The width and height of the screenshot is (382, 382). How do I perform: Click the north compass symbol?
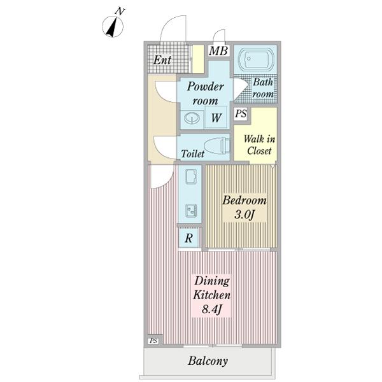pyautogui.click(x=113, y=25)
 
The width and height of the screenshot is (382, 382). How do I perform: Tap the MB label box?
pyautogui.click(x=218, y=51)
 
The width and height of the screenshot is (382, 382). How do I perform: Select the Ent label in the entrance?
pyautogui.click(x=162, y=60)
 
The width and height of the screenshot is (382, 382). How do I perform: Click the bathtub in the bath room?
pyautogui.click(x=255, y=59)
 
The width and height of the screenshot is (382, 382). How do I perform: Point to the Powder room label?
pyautogui.click(x=205, y=94)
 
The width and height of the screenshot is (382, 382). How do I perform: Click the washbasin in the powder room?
pyautogui.click(x=192, y=118)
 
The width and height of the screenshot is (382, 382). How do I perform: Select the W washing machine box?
pyautogui.click(x=216, y=117)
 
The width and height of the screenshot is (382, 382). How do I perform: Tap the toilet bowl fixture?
pyautogui.click(x=216, y=145)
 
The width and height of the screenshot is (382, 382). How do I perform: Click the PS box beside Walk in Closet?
pyautogui.click(x=241, y=114)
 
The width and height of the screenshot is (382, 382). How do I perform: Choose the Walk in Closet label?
pyautogui.click(x=260, y=145)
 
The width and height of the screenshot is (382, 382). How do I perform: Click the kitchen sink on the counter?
pyautogui.click(x=191, y=176)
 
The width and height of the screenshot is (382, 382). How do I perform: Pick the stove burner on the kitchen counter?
pyautogui.click(x=191, y=210)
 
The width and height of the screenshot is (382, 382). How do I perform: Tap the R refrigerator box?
pyautogui.click(x=189, y=238)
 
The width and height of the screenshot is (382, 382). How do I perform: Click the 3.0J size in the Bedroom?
pyautogui.click(x=244, y=215)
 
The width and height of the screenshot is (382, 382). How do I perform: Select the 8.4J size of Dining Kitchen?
pyautogui.click(x=211, y=309)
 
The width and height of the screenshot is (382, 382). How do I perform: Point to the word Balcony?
pyautogui.click(x=208, y=361)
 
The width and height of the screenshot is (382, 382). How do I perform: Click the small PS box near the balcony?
pyautogui.click(x=153, y=341)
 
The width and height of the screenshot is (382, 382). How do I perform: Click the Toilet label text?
pyautogui.click(x=193, y=153)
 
